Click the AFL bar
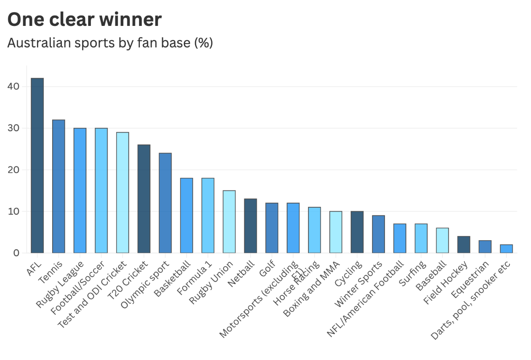pos(37,166)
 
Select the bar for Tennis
pos(58,186)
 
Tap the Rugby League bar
pos(80,191)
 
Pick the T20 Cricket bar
pos(144,199)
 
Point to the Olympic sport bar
pos(165,203)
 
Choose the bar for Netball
pos(251,226)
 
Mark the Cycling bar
pos(357,232)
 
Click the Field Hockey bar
pos(463,245)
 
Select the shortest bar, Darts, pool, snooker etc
pos(506,248)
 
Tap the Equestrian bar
pos(485,247)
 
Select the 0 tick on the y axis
pos(16,253)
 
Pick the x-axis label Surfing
pos(413,274)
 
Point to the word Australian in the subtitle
pos(36,43)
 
